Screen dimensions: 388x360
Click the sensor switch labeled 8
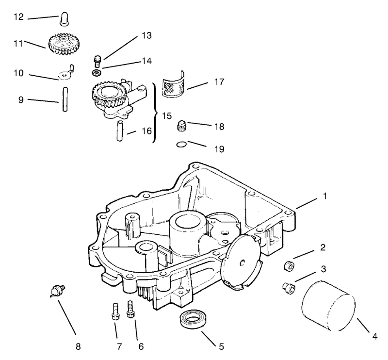[58, 291]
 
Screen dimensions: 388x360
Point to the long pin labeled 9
[65, 99]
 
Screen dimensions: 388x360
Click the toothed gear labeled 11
[64, 44]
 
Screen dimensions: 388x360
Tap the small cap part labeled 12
[64, 19]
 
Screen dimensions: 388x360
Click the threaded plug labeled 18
[181, 126]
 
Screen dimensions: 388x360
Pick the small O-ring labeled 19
[181, 144]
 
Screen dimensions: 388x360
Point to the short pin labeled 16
[120, 131]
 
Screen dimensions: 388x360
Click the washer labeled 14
[96, 73]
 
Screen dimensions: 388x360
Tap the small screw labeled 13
[98, 62]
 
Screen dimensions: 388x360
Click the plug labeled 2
[289, 266]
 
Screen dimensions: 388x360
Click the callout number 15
[167, 115]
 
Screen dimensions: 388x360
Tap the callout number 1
[325, 196]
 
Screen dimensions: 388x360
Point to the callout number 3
[323, 269]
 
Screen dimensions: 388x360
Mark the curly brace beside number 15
[155, 113]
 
